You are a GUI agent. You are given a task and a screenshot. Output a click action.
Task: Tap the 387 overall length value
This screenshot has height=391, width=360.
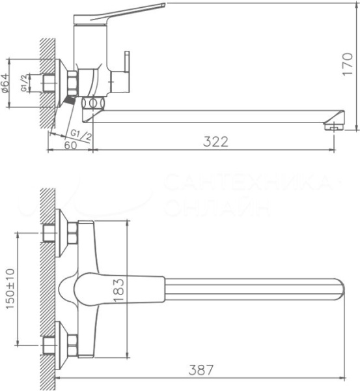(x=200, y=369)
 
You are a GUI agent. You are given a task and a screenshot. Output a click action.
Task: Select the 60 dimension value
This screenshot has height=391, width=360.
(x=71, y=145)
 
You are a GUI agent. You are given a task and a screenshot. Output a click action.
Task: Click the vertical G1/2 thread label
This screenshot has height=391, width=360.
(x=24, y=83)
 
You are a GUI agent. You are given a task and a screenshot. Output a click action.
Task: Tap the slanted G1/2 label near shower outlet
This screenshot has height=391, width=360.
(x=79, y=134)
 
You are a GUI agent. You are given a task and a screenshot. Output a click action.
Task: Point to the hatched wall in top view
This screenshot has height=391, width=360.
(x=46, y=287)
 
